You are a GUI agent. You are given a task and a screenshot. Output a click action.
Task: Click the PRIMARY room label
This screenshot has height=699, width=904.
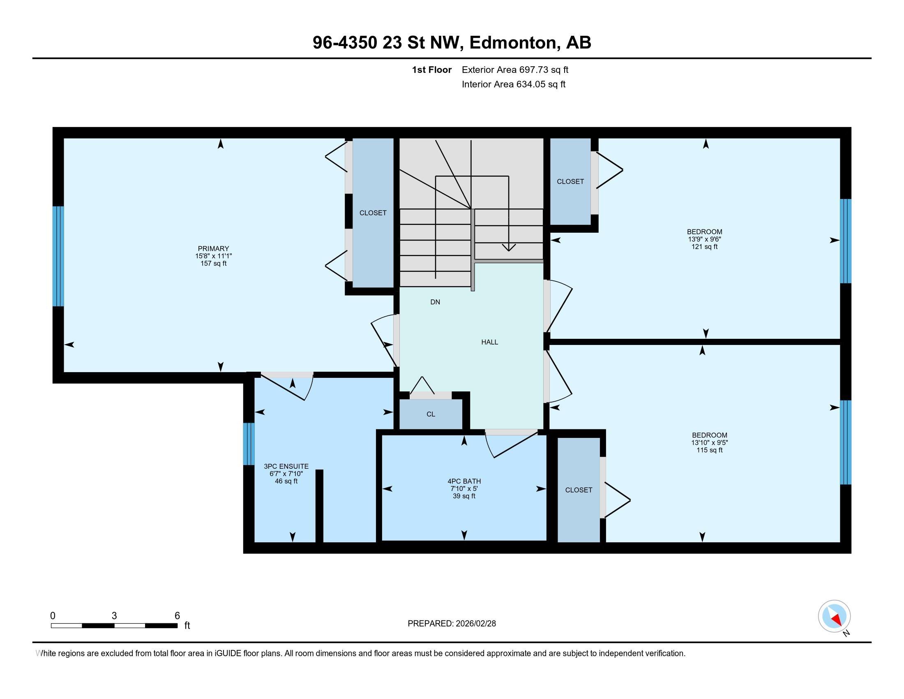pos(213,248)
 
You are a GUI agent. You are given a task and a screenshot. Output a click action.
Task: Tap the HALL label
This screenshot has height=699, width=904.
pos(489,342)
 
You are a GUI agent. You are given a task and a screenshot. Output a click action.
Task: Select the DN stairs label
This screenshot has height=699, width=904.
pos(435,302)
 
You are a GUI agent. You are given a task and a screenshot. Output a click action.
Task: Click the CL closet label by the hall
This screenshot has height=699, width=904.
pos(431,414)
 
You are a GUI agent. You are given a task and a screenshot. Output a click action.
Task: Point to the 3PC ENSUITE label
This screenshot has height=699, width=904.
pos(286,466)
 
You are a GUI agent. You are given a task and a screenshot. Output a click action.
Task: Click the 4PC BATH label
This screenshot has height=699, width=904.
pos(464,481)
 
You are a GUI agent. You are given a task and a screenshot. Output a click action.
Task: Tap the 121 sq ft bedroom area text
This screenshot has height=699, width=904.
pos(704,247)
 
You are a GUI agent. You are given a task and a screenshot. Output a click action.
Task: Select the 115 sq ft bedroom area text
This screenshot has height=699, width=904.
pos(710,450)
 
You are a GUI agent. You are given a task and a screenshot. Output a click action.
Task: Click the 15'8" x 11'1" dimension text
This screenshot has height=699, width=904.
pos(213,256)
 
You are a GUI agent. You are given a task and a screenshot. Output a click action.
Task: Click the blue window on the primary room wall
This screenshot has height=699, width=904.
pos(58,256)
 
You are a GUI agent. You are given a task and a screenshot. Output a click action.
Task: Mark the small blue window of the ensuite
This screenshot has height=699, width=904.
pos(248,444)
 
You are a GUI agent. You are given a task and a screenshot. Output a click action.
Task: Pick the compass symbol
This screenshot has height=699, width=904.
pos(834,616)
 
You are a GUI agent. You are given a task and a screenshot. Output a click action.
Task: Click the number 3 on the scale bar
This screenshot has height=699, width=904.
pos(114,616)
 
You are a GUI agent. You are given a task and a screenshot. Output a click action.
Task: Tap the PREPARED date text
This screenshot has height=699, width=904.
pos(452,624)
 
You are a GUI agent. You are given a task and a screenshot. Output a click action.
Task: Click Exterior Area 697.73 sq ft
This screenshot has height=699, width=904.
pos(515,69)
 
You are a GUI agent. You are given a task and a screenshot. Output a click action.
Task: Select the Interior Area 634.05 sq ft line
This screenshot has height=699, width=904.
pos(513,84)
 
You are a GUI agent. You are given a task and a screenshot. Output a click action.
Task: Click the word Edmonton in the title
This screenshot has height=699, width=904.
pos(512,42)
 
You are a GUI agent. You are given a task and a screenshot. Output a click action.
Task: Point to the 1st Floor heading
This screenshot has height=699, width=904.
pos(431,69)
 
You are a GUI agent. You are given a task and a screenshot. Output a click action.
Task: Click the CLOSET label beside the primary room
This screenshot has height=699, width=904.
pos(373,213)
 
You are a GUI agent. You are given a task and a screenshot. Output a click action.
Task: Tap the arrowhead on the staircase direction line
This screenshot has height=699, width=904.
pos(509,248)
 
